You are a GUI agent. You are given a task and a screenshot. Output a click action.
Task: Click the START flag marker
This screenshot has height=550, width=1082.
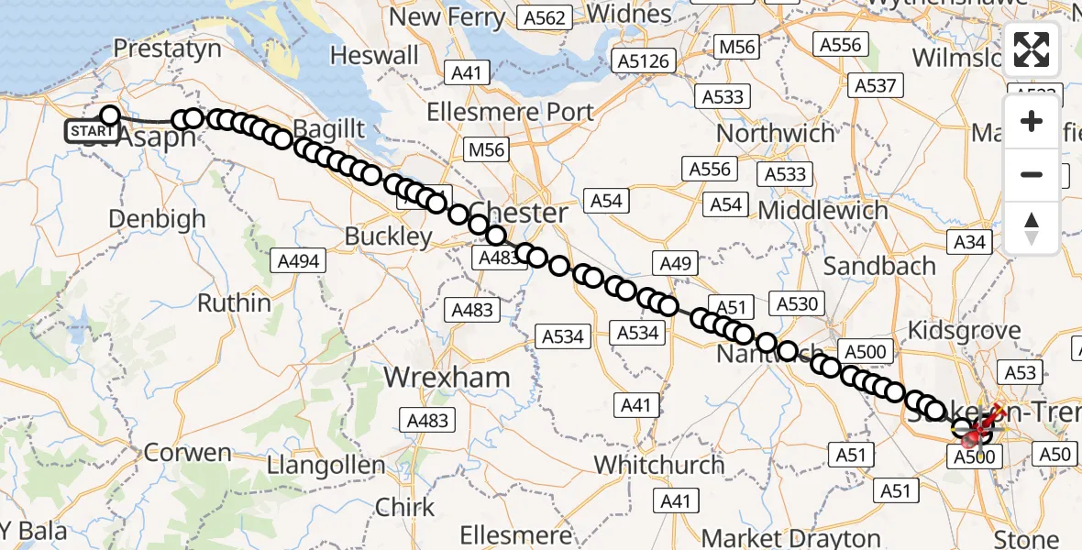tap(92, 131)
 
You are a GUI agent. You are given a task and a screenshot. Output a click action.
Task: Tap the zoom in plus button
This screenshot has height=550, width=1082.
tap(1032, 122)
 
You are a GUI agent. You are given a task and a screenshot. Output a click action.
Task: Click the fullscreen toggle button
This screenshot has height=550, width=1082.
tap(1032, 49)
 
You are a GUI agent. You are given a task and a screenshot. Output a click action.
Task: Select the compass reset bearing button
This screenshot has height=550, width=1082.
tap(1032, 227)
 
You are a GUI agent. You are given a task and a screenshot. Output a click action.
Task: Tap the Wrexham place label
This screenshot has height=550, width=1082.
tap(447, 378)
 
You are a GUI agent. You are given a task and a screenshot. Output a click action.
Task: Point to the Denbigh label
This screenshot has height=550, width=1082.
tap(157, 220)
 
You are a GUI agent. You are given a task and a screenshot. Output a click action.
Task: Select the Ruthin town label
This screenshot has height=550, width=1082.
tap(234, 302)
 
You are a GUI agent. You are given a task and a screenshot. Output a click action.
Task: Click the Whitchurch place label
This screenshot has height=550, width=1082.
tap(659, 465)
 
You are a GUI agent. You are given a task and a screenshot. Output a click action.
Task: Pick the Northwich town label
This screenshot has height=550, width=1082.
tap(776, 134)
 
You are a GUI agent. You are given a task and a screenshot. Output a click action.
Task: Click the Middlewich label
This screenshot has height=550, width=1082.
tap(823, 211)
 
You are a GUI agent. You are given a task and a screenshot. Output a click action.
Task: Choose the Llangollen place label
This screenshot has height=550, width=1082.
tap(326, 466)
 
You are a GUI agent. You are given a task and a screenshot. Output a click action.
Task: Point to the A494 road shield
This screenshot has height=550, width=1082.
tap(298, 261)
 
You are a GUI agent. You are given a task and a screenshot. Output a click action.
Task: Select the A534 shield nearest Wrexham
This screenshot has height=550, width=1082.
tap(562, 336)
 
